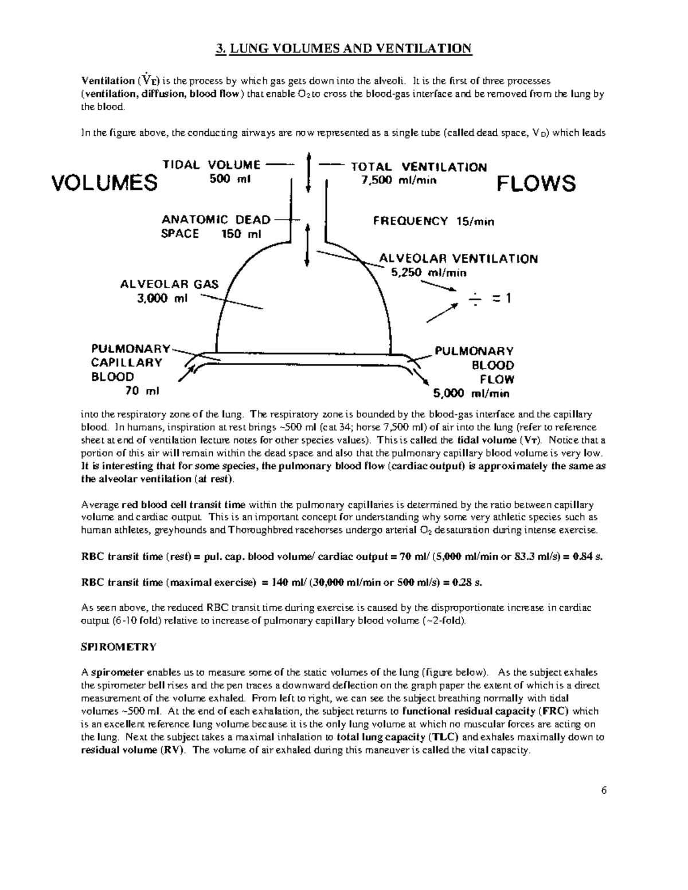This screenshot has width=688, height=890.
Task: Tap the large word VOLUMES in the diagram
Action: click(x=104, y=183)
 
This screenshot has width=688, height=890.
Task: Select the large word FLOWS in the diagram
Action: click(x=535, y=184)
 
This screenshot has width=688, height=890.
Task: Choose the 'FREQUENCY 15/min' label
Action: click(x=433, y=221)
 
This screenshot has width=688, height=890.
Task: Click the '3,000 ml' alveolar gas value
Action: click(x=162, y=298)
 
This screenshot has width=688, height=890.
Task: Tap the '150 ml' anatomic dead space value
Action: click(x=241, y=234)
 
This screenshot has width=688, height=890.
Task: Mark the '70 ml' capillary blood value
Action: click(x=142, y=391)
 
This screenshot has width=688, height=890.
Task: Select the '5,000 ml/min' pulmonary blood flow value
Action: click(x=471, y=394)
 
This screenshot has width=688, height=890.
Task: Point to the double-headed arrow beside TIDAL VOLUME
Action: click(x=310, y=172)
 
